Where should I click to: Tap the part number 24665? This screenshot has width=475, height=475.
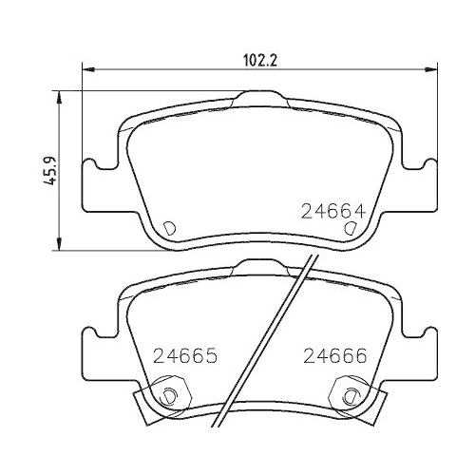pos(186,358)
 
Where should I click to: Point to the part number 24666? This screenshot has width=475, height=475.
pos(334,358)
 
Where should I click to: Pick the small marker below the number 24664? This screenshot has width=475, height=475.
pos(351,228)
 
